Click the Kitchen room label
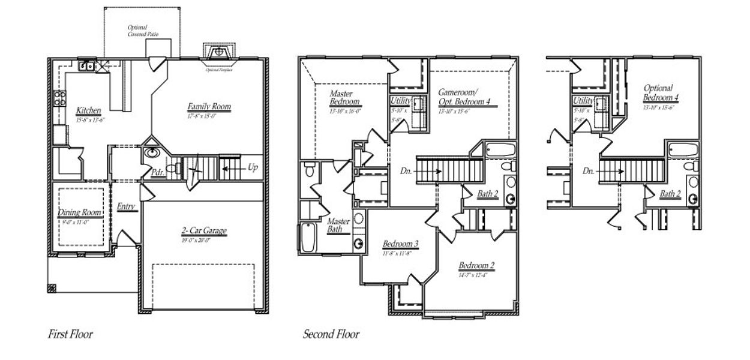tap(88, 111)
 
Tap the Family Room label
tap(208, 107)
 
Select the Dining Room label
tap(80, 213)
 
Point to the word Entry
tap(126, 207)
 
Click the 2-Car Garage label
tap(204, 231)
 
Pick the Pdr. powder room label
tap(158, 172)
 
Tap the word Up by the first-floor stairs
tap(253, 168)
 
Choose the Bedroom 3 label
tap(400, 244)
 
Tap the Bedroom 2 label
tap(476, 266)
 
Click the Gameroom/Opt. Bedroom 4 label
tap(464, 98)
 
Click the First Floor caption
tap(70, 334)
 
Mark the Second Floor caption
tap(331, 334)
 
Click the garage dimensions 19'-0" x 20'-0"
tap(204, 240)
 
